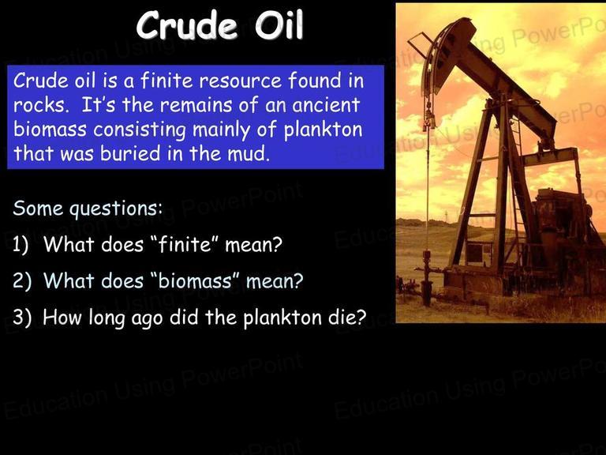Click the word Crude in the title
(187, 24)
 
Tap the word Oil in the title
(279, 24)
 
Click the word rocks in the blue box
(39, 105)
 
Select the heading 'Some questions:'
(88, 209)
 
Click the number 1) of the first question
(21, 245)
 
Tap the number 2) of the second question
(21, 281)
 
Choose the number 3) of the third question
(21, 318)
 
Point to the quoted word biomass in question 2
(195, 280)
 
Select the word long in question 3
(107, 318)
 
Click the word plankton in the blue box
(323, 130)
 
